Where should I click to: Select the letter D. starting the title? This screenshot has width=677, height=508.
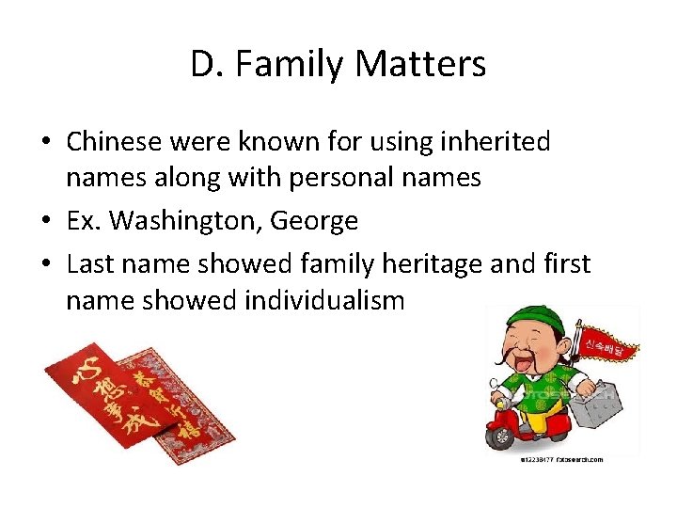pyautogui.click(x=207, y=64)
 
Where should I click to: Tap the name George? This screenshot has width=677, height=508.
pyautogui.click(x=314, y=221)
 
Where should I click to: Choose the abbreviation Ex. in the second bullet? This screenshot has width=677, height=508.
pyautogui.click(x=85, y=221)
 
